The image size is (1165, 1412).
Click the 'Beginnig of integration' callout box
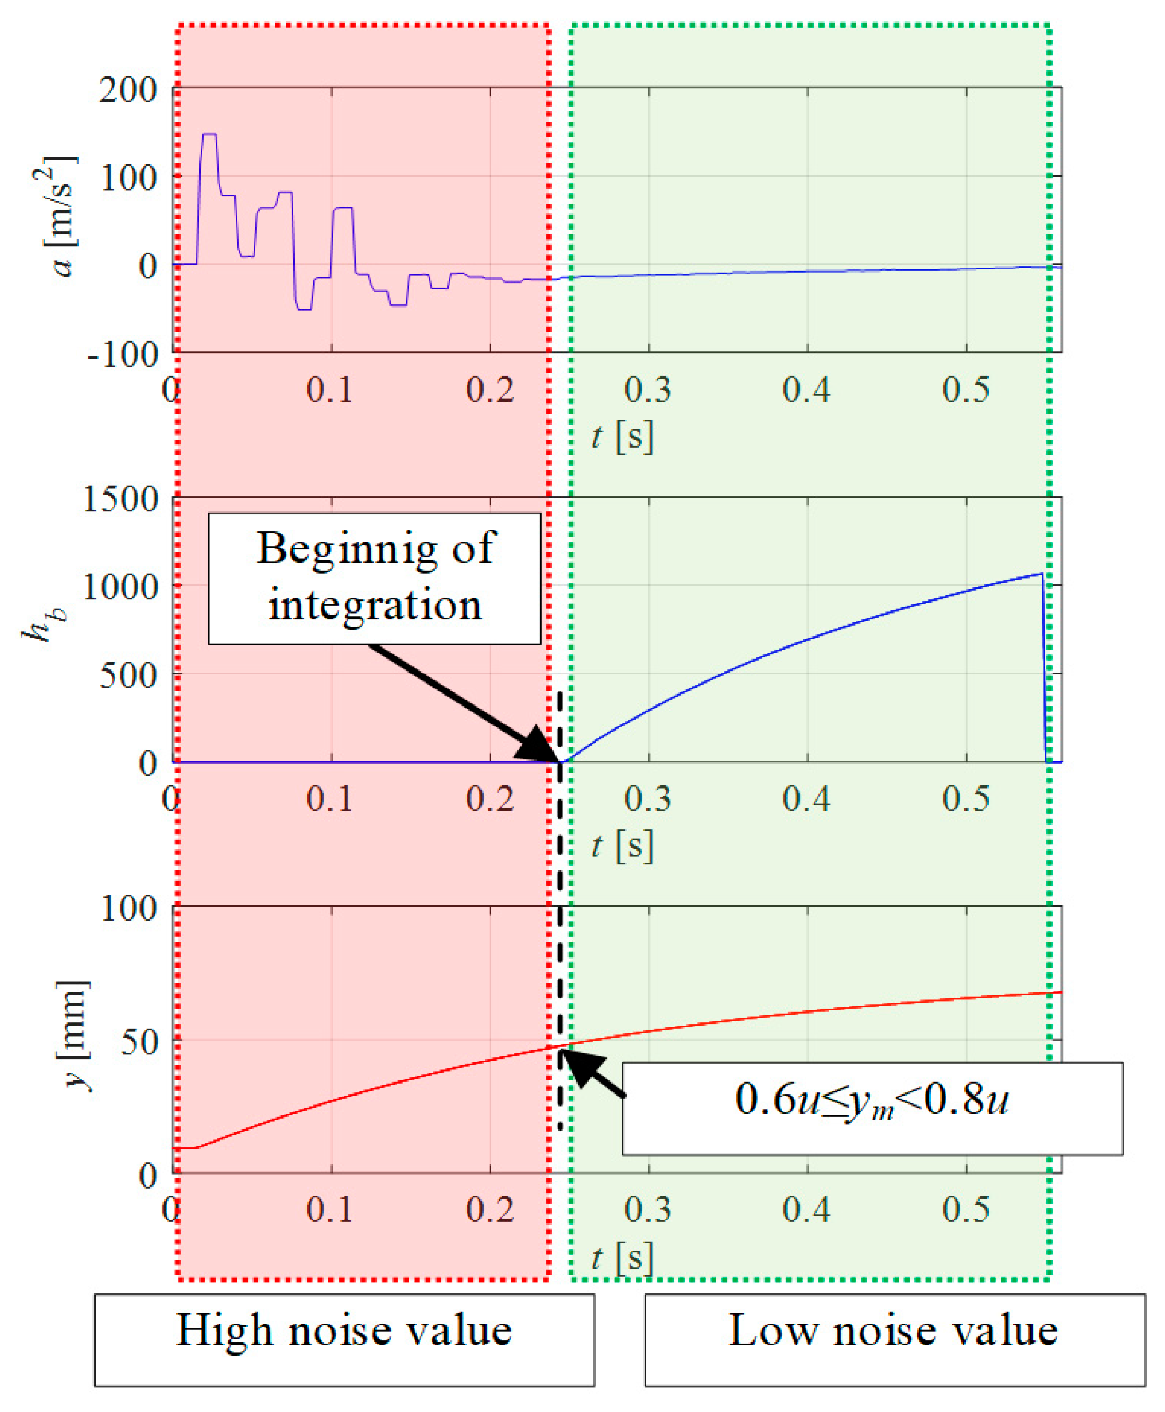374,579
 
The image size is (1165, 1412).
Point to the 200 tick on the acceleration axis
128,89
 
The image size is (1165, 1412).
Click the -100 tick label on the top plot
123,354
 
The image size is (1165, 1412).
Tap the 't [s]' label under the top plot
621,437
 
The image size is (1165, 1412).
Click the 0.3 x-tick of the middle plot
648,798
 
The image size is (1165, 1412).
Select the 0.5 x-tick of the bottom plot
965,1209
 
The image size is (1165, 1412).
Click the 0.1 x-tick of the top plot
330,389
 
